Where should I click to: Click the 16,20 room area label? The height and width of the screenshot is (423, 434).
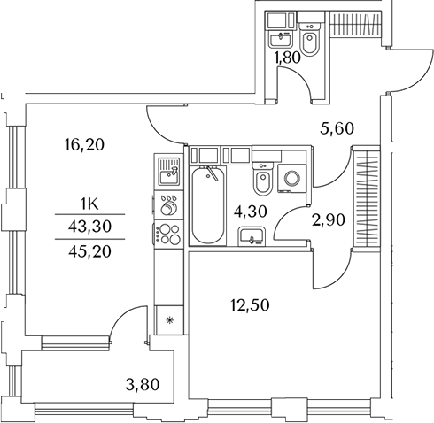(84, 145)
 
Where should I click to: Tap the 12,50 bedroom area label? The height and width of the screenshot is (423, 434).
(250, 305)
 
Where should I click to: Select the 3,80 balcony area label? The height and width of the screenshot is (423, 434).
(143, 385)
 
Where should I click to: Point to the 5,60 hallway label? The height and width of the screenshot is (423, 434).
(337, 129)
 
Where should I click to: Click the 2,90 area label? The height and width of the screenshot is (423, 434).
(329, 220)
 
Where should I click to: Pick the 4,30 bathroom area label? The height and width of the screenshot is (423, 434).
(251, 211)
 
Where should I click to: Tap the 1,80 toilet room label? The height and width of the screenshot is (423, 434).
(287, 58)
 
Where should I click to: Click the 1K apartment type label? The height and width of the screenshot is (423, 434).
(89, 204)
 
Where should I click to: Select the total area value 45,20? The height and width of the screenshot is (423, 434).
(89, 251)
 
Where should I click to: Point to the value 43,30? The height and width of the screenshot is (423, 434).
(89, 227)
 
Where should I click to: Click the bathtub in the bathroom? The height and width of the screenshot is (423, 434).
(208, 205)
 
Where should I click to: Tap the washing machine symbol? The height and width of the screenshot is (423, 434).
(292, 179)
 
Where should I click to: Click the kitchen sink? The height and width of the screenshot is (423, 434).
(168, 172)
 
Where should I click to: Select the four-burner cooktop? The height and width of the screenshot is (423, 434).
(169, 235)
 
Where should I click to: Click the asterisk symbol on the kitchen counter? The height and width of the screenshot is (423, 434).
(169, 320)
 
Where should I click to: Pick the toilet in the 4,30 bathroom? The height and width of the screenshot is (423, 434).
(262, 179)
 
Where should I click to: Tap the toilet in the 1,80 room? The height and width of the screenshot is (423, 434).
(309, 39)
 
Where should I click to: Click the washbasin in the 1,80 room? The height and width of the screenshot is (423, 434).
(281, 39)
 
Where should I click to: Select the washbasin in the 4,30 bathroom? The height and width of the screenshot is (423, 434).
(252, 236)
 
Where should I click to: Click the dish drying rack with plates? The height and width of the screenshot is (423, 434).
(168, 205)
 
